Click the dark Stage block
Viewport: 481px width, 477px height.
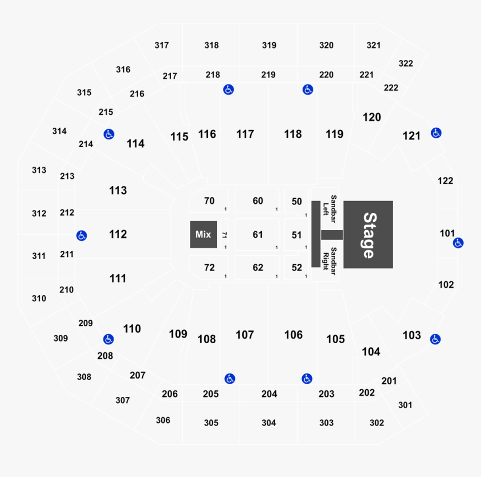coord(368,234)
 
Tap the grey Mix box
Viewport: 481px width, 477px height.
coord(203,234)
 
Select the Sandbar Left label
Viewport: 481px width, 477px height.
coord(330,205)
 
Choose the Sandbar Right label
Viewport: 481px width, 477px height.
coord(330,260)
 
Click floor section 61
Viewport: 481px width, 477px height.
coord(257,235)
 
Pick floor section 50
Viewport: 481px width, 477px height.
coord(296,202)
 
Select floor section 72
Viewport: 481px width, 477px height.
coord(209,268)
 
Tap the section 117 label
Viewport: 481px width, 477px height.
coord(245,134)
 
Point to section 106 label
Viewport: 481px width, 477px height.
coord(293,335)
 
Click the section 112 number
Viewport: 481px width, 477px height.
coord(118,234)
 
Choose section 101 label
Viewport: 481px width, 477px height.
coord(447,233)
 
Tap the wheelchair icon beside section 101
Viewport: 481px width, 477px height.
coord(458,243)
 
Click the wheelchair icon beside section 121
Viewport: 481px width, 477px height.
coord(436,133)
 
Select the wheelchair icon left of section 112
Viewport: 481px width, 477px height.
coord(82,236)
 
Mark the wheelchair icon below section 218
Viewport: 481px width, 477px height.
coord(228,90)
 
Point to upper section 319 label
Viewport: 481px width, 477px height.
coord(269,45)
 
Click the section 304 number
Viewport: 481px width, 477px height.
coord(269,423)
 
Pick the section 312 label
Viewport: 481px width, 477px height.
coord(39,213)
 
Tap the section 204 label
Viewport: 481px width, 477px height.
coord(269,394)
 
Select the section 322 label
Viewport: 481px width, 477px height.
coord(405,63)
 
